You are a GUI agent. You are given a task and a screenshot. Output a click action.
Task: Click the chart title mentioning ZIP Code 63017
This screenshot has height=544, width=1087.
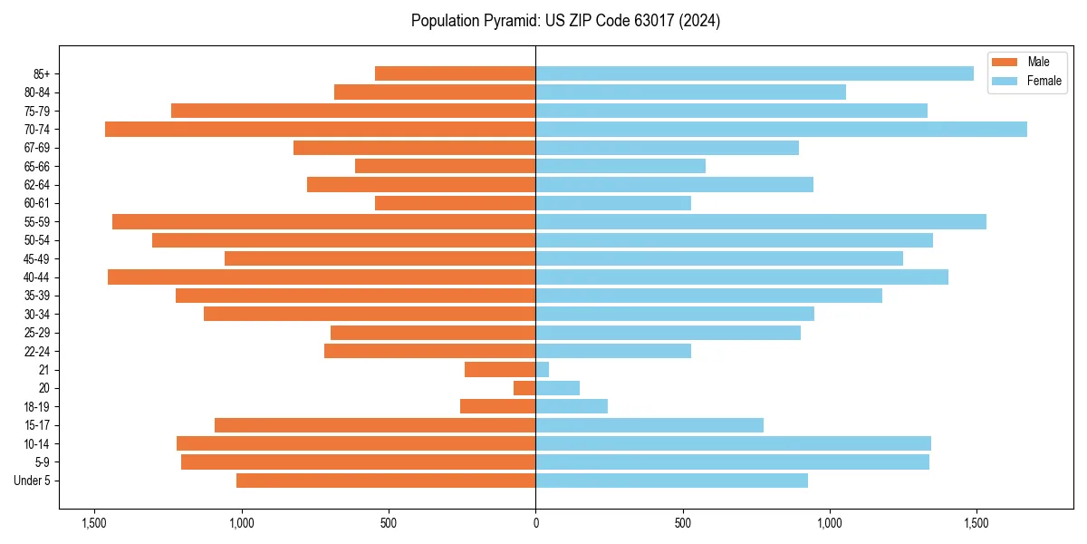click(565, 21)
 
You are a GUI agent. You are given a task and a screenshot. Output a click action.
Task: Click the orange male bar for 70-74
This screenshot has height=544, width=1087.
click(320, 130)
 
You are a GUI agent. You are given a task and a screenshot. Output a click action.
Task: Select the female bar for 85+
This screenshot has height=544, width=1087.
click(755, 73)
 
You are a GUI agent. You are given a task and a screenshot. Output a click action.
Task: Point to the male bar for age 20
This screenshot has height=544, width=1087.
click(524, 388)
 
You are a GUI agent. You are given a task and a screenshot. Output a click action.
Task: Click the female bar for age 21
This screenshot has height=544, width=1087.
click(543, 370)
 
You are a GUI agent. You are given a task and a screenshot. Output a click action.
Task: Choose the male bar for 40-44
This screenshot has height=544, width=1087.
click(322, 277)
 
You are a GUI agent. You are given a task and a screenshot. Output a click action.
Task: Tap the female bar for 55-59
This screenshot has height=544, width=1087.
click(761, 222)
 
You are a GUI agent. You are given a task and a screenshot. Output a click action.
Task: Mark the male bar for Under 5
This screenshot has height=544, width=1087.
click(386, 481)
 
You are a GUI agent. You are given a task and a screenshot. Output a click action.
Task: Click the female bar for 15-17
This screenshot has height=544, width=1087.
click(649, 425)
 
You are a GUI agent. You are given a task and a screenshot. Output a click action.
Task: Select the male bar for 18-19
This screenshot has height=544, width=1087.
click(498, 406)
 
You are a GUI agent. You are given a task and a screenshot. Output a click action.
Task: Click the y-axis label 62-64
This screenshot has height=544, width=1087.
click(37, 185)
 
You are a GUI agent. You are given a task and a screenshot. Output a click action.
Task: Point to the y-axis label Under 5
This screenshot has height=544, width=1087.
click(33, 481)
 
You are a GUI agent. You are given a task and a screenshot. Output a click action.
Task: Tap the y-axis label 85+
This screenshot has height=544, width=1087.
click(42, 73)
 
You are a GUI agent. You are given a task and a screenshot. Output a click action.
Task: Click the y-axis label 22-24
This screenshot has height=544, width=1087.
click(37, 351)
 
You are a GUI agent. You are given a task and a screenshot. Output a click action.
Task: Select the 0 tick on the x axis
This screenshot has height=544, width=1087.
click(535, 523)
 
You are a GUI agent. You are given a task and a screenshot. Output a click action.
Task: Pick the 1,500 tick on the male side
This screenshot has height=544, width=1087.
click(93, 523)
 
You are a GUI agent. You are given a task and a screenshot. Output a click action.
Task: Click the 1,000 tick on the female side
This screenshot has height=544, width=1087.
click(830, 523)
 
